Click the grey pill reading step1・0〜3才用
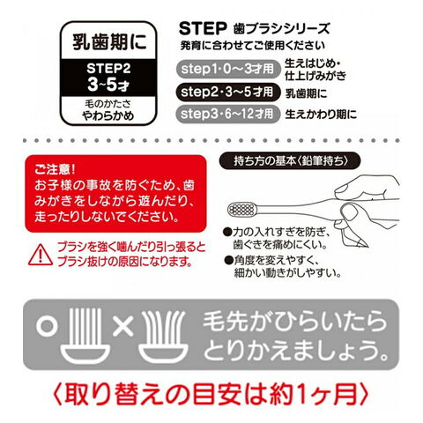coord(227,70)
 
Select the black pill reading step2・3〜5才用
coord(227,93)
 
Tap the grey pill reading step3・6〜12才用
coord(227,114)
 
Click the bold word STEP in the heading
coord(203,28)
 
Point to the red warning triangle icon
coord(41,255)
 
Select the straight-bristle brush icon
coord(85,335)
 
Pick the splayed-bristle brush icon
coord(163,336)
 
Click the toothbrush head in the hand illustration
coord(241,209)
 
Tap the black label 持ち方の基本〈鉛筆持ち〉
coord(290,161)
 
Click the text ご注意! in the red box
coord(55,169)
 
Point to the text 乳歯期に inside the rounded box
coord(109,42)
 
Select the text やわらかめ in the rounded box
coord(108,116)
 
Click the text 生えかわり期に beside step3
coord(321,114)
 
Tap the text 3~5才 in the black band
coord(108,85)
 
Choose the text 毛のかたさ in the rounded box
coord(108,104)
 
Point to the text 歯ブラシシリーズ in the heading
coord(282,29)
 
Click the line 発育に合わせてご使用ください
coord(253,46)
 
